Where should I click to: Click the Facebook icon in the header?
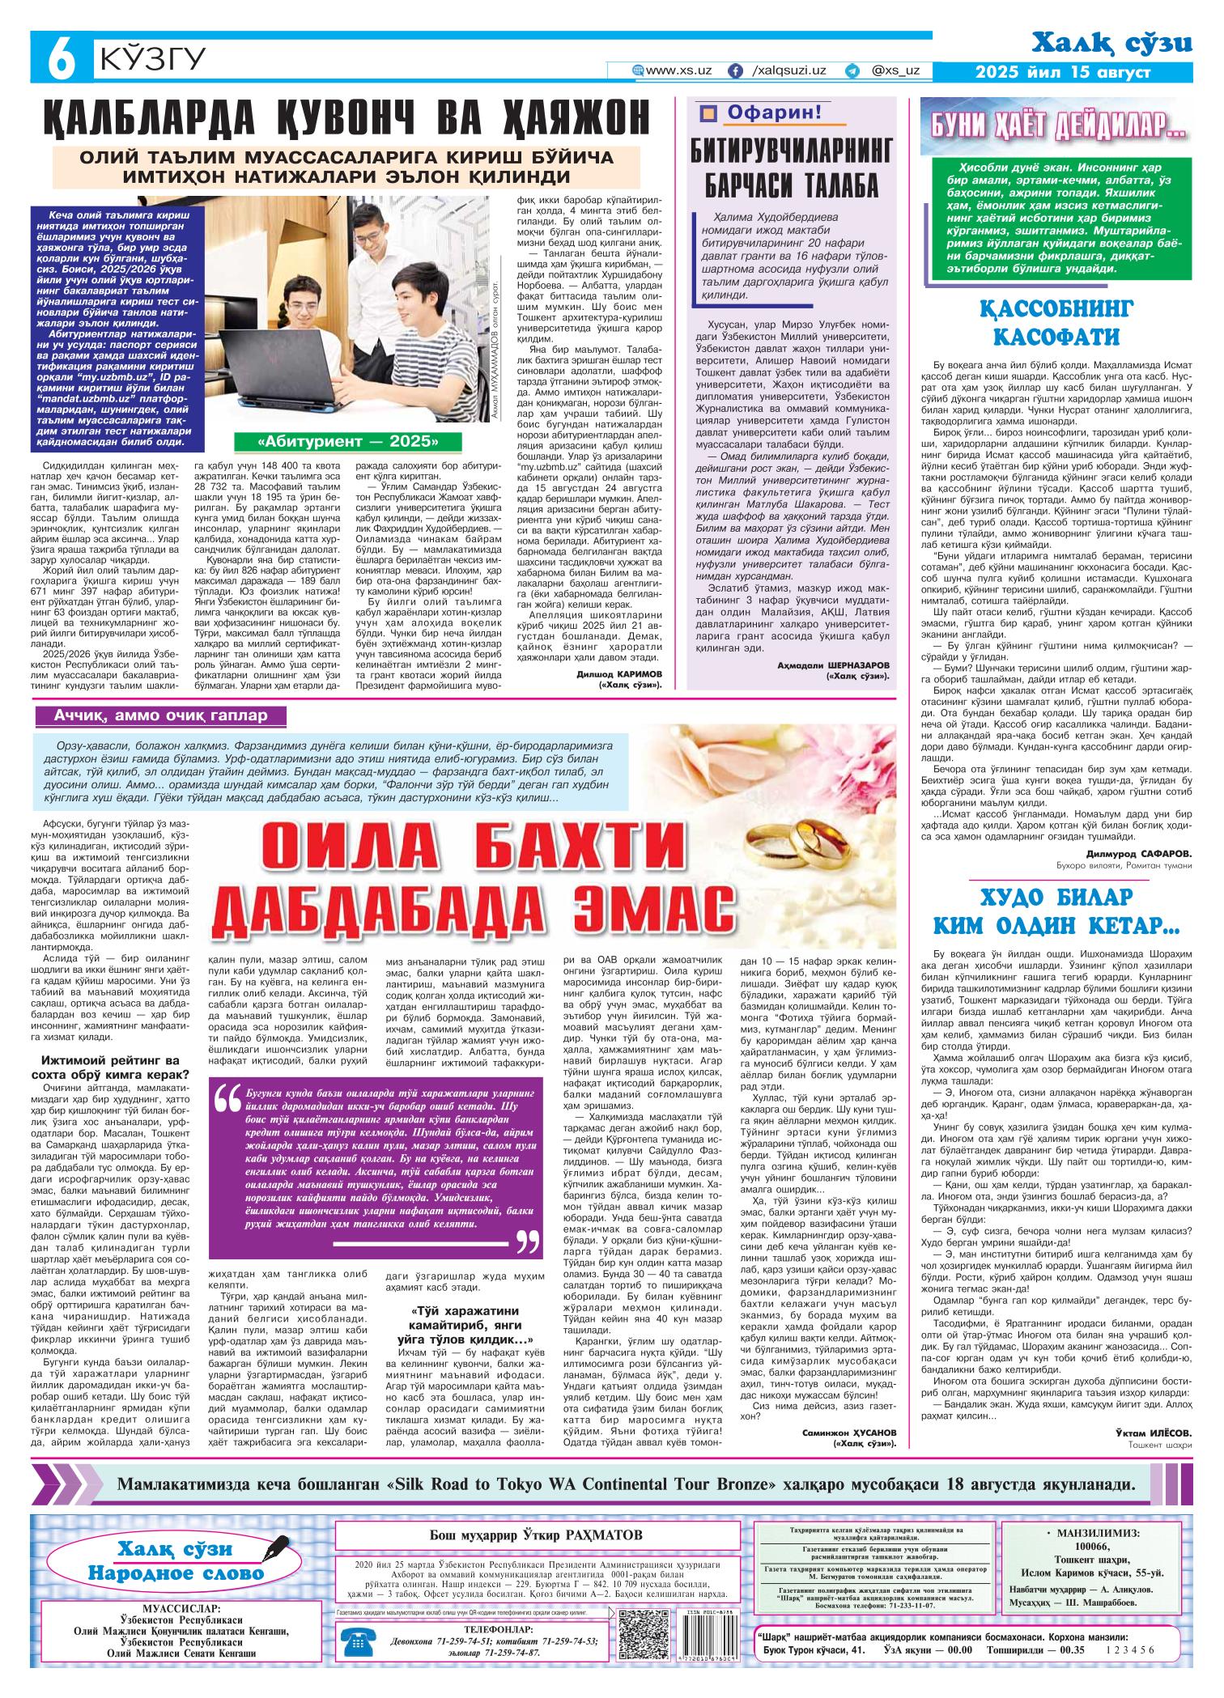coord(735,71)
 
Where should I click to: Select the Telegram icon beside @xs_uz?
coord(852,71)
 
